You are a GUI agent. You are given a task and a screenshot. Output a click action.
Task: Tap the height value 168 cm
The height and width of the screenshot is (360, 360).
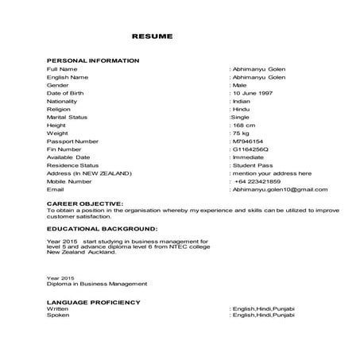244,126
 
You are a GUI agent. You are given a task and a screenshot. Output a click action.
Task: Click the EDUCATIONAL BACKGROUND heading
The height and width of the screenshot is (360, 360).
95,227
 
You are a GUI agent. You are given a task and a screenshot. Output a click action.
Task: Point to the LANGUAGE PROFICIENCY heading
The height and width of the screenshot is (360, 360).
93,302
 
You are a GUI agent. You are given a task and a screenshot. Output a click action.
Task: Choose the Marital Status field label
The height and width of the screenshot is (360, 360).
68,118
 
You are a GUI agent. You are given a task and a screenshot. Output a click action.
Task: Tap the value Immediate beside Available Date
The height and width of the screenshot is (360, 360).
248,157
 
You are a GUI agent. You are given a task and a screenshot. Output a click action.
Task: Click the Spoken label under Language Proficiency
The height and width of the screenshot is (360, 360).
58,315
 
